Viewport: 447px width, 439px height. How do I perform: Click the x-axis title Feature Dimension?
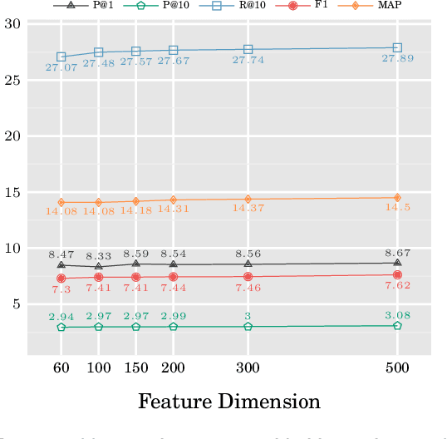[228, 402]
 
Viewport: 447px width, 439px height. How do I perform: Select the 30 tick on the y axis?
[12, 24]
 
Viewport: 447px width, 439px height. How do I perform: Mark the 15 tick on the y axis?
[12, 193]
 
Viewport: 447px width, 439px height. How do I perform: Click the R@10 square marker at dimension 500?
[397, 48]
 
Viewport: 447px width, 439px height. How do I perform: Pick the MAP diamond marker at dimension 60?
[61, 202]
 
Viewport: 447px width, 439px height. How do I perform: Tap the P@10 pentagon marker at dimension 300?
[248, 327]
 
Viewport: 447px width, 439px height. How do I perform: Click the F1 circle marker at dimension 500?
[397, 274]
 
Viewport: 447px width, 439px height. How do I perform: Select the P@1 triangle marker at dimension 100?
[98, 267]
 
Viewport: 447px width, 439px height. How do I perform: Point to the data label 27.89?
[397, 59]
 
